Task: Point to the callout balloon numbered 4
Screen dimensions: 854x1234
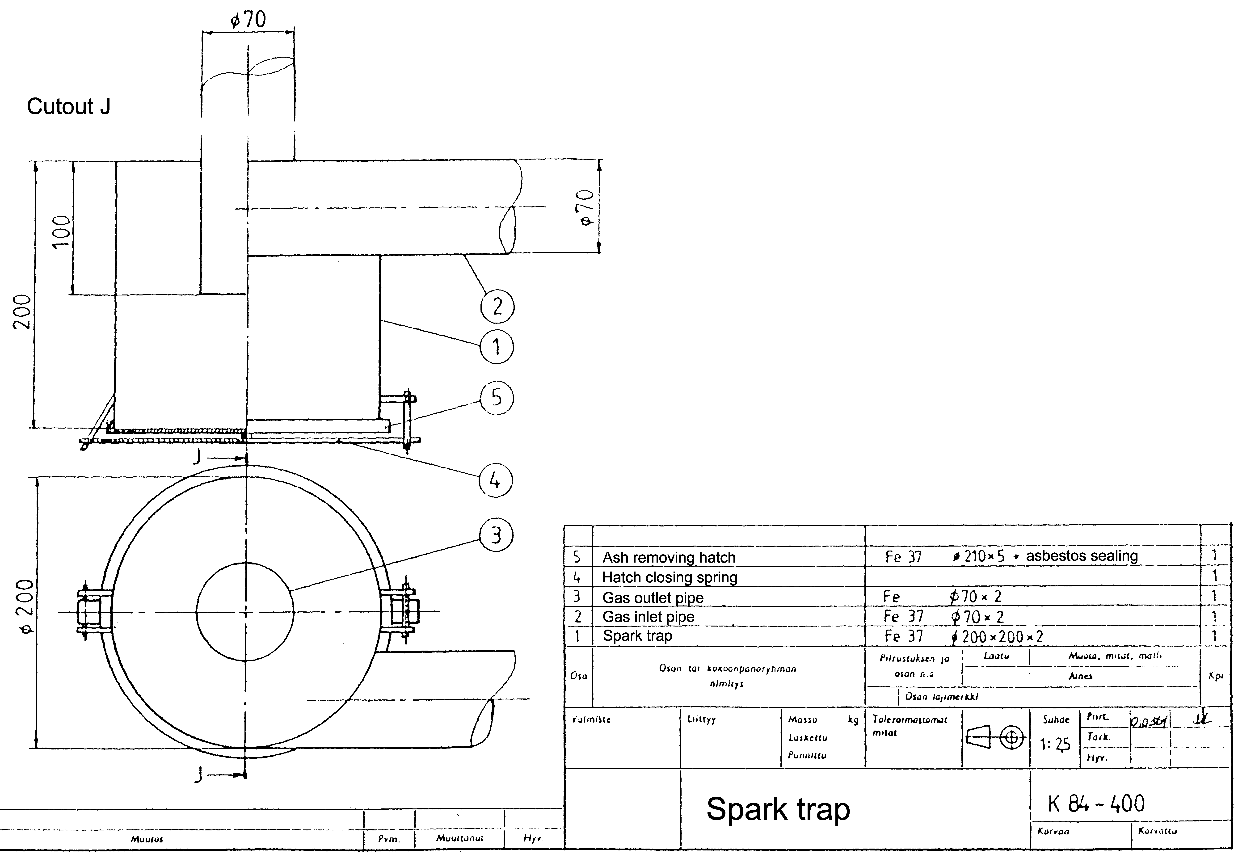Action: [495, 480]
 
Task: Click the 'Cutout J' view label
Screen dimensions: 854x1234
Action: [68, 106]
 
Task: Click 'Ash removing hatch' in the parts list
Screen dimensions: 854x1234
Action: [669, 558]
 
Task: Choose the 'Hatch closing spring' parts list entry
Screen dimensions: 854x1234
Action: [670, 577]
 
